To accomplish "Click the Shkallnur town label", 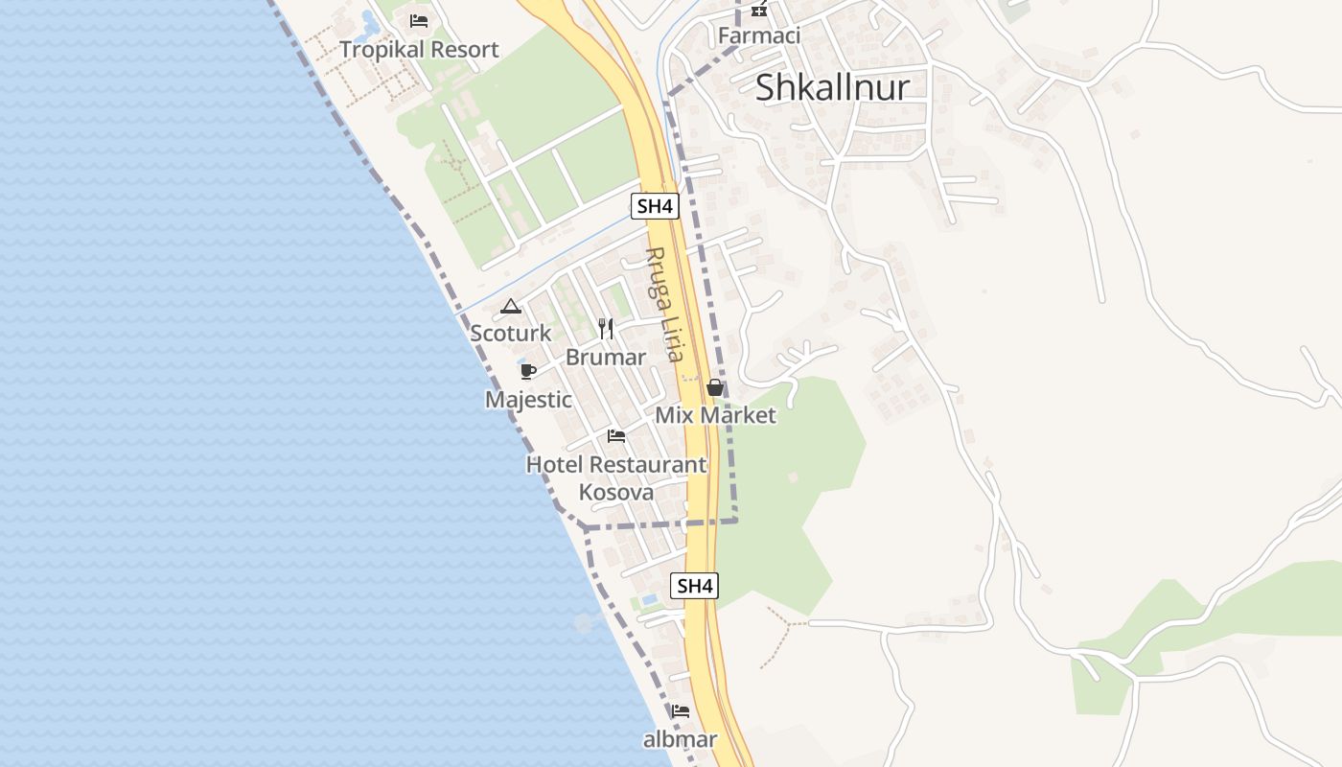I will pyautogui.click(x=832, y=87).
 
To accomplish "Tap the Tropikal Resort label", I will pyautogui.click(x=419, y=50).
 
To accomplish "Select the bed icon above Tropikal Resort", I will pyautogui.click(x=418, y=20).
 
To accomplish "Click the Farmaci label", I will pyautogui.click(x=759, y=36).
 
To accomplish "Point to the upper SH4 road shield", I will pyautogui.click(x=656, y=205).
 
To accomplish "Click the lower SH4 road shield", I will pyautogui.click(x=694, y=586).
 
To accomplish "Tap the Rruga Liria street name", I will pyautogui.click(x=663, y=305).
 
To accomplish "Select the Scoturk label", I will pyautogui.click(x=511, y=333).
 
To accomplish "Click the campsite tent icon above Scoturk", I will pyautogui.click(x=511, y=307).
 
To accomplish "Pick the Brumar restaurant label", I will pyautogui.click(x=606, y=357).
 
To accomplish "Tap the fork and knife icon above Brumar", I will pyautogui.click(x=606, y=329).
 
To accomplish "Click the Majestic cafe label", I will pyautogui.click(x=528, y=399).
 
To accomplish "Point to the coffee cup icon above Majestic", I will pyautogui.click(x=527, y=371).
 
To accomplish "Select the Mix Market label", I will pyautogui.click(x=715, y=415).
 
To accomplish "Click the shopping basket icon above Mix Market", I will pyautogui.click(x=715, y=387).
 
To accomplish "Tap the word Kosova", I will pyautogui.click(x=616, y=493).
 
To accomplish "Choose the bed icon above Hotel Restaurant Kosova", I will pyautogui.click(x=616, y=436).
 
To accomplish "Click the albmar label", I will pyautogui.click(x=680, y=739).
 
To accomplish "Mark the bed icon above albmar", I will pyautogui.click(x=681, y=711).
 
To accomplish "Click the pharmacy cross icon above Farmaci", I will pyautogui.click(x=759, y=9).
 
